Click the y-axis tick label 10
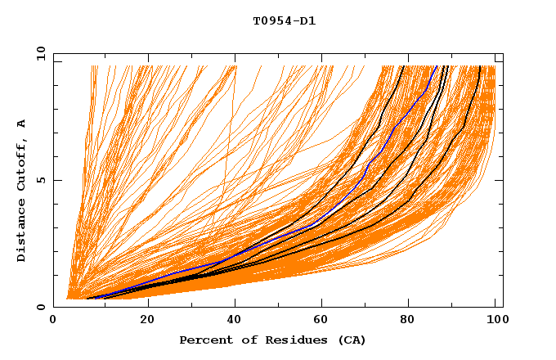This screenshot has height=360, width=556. (40, 53)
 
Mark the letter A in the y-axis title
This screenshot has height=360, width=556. (21, 124)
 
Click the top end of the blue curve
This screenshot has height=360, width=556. (437, 66)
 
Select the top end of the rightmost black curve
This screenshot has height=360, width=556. (479, 66)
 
